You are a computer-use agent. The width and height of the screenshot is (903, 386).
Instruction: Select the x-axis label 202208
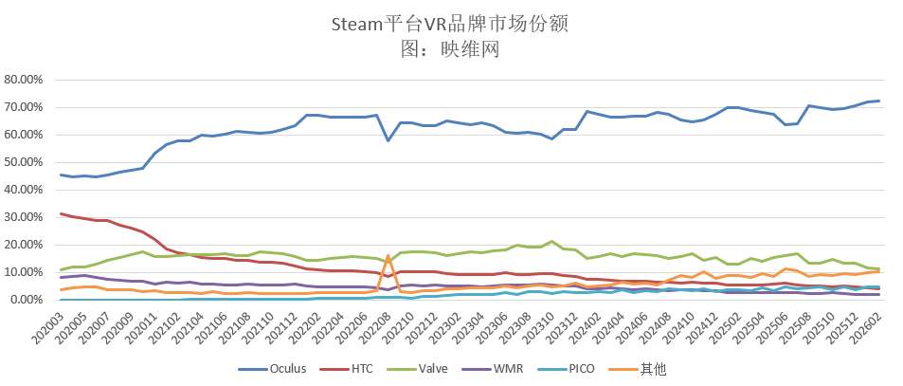click(x=374, y=327)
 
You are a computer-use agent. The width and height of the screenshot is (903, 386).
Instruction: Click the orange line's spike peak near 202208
click(x=388, y=255)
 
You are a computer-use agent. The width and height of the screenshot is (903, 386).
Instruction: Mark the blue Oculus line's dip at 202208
click(x=388, y=140)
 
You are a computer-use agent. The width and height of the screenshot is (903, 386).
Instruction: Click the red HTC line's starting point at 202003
click(x=61, y=213)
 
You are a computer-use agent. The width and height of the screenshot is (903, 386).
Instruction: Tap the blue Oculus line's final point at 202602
click(x=878, y=101)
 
